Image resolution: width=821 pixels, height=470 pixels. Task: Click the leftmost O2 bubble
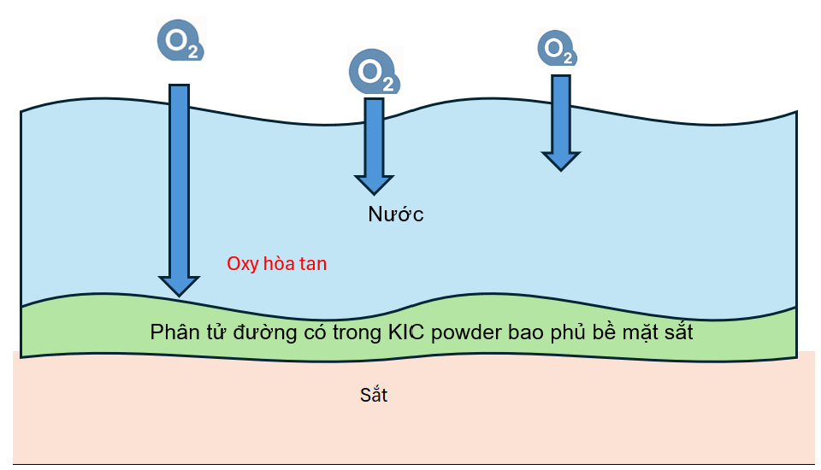click(x=180, y=40)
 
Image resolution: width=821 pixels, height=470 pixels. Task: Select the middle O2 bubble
click(x=374, y=71)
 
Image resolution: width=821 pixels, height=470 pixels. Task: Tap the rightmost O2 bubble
click(x=557, y=48)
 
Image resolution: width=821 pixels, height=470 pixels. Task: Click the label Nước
click(x=396, y=214)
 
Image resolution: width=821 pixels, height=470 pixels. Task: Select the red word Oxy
click(x=243, y=264)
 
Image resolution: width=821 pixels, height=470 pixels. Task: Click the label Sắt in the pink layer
click(x=374, y=396)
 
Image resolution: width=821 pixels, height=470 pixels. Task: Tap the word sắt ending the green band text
click(x=676, y=332)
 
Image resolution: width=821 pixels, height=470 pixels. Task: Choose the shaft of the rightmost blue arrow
click(x=560, y=111)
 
